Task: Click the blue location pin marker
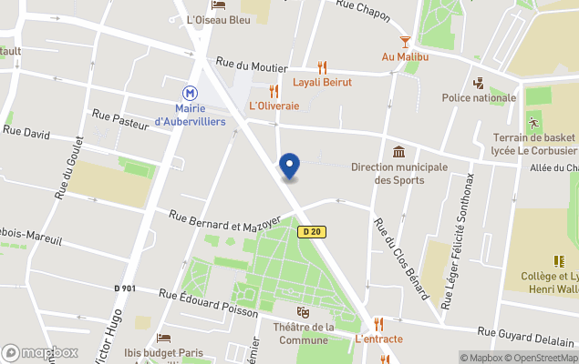289,166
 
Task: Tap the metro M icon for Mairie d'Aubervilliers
190,93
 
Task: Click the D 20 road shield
311,232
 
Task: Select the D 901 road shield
125,288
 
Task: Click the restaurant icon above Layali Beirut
322,67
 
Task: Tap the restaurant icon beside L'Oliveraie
274,91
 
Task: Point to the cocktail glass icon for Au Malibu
405,42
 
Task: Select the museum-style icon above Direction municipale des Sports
398,152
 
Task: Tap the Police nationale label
479,97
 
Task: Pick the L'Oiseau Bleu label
218,19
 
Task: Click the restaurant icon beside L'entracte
378,324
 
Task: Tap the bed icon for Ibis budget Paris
164,339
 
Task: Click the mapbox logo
40,353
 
